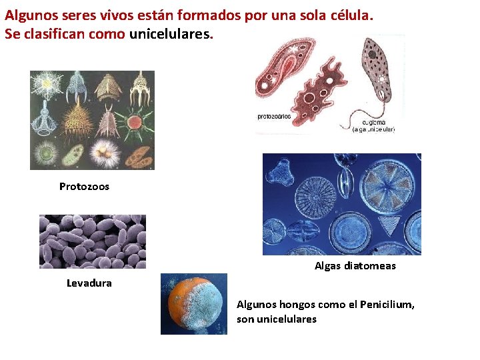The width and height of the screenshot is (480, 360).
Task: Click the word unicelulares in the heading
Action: [x=169, y=33]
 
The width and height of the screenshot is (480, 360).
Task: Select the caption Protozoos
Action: [x=84, y=187]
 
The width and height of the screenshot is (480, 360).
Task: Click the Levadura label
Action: [x=89, y=283]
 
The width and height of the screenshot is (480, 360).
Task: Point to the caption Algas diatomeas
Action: [x=355, y=266]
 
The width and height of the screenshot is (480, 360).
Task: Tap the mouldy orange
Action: [x=193, y=304]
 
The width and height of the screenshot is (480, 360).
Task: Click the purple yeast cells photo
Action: [x=92, y=241]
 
